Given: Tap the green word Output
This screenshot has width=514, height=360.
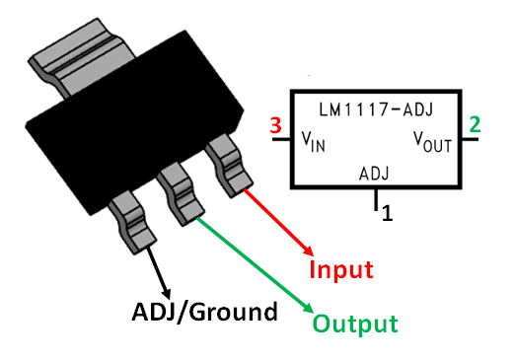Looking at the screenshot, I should (x=355, y=323).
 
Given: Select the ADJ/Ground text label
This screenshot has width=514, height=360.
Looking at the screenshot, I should (x=204, y=313).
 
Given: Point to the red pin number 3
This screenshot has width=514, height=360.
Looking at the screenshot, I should (x=276, y=125).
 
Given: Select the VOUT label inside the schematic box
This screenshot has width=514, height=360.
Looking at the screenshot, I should (x=430, y=143).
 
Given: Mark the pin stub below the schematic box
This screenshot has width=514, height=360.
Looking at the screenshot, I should (x=375, y=199).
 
